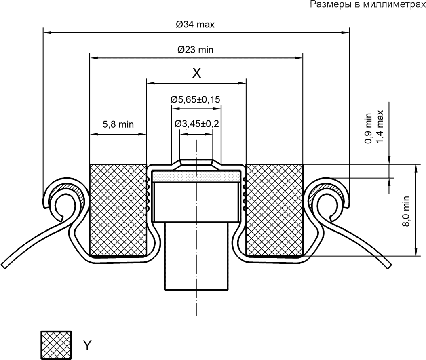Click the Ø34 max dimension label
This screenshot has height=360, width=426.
point(195,25)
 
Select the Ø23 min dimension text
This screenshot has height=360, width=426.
point(195,50)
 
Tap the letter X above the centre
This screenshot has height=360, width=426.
point(196,73)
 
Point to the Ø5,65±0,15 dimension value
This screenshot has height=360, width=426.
point(195,99)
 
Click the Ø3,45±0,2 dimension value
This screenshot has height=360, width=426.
point(197,124)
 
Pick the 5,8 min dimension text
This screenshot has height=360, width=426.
point(118,124)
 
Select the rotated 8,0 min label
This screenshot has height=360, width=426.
point(406,211)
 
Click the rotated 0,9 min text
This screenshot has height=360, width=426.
point(368,128)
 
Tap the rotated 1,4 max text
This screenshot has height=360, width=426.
point(380,126)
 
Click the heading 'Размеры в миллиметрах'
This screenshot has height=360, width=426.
point(368,4)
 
